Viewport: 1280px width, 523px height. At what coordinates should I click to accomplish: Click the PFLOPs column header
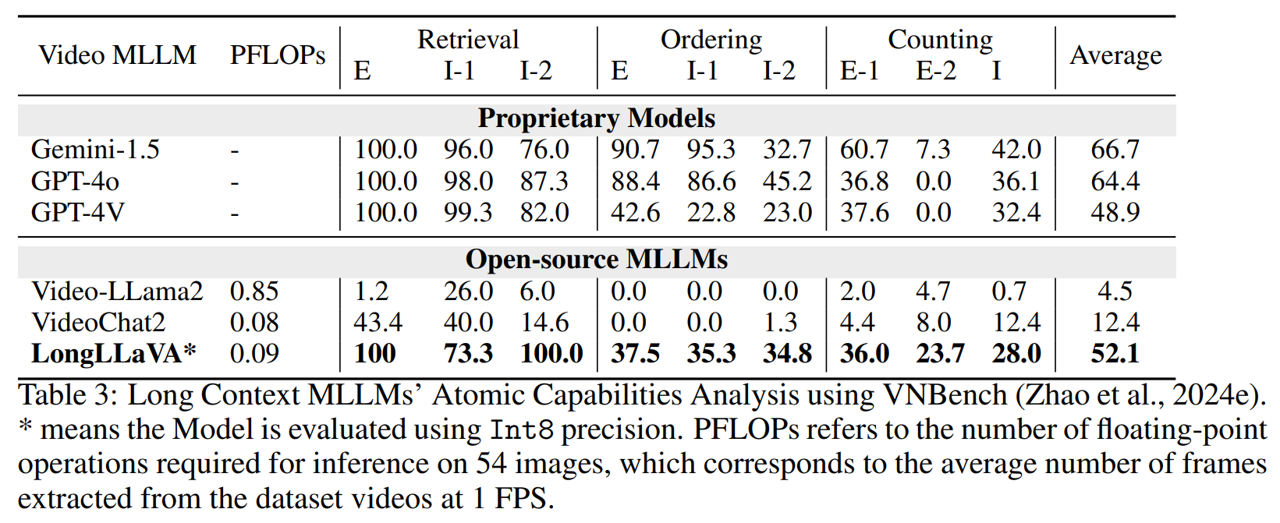point(277,55)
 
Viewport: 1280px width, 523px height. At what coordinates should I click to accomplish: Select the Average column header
point(1115,55)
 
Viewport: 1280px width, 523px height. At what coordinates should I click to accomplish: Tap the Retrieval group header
point(467,40)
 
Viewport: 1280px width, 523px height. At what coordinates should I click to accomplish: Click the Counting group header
point(940,40)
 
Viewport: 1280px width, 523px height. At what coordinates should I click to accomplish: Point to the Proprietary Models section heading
point(597,118)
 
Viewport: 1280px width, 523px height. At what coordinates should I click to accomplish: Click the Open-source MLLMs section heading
point(597,260)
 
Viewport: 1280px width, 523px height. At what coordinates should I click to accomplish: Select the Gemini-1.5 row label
point(95,150)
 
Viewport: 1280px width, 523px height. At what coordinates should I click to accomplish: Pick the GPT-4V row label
point(77,213)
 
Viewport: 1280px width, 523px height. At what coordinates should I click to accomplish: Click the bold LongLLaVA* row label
point(114,354)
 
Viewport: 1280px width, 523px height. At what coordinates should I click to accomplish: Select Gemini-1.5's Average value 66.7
point(1115,150)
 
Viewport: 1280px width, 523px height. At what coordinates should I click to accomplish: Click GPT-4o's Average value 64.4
point(1115,182)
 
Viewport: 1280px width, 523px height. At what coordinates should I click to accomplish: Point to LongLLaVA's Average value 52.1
point(1115,354)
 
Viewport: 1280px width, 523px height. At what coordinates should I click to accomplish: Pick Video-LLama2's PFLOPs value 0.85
point(254,292)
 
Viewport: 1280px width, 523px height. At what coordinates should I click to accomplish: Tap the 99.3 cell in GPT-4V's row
point(468,213)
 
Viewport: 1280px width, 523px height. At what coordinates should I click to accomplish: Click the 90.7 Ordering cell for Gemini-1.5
point(635,150)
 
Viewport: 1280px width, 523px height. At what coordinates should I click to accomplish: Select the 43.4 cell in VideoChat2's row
point(378,323)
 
